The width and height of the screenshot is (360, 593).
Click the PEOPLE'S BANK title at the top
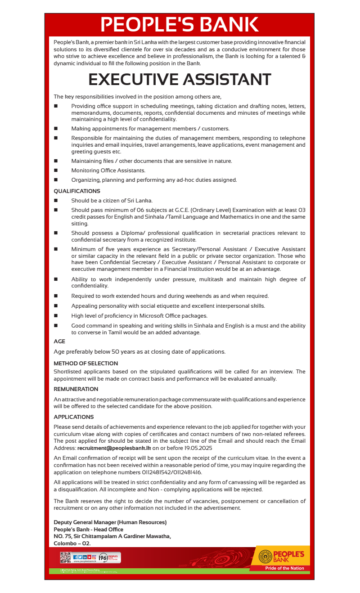point(179,25)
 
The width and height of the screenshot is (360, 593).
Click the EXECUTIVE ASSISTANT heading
point(180,80)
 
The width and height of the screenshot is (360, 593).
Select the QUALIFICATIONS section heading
point(77,191)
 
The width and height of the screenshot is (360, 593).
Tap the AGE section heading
point(59,341)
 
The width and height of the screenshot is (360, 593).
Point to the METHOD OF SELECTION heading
point(85,363)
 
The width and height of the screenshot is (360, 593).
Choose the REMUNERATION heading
point(76,389)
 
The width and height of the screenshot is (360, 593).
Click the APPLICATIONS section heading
point(74,417)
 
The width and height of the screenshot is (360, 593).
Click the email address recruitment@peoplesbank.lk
point(114,448)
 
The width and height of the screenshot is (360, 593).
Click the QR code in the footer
point(65,557)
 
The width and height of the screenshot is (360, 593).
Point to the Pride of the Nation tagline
point(284,568)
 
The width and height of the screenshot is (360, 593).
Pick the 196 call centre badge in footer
point(103,557)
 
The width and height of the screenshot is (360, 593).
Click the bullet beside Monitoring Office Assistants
point(56,171)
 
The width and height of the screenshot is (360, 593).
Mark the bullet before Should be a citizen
point(56,201)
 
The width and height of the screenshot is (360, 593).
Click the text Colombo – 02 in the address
point(72,544)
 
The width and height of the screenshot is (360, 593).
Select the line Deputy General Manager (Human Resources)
point(110,522)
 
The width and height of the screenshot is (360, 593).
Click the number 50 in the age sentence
point(116,351)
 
